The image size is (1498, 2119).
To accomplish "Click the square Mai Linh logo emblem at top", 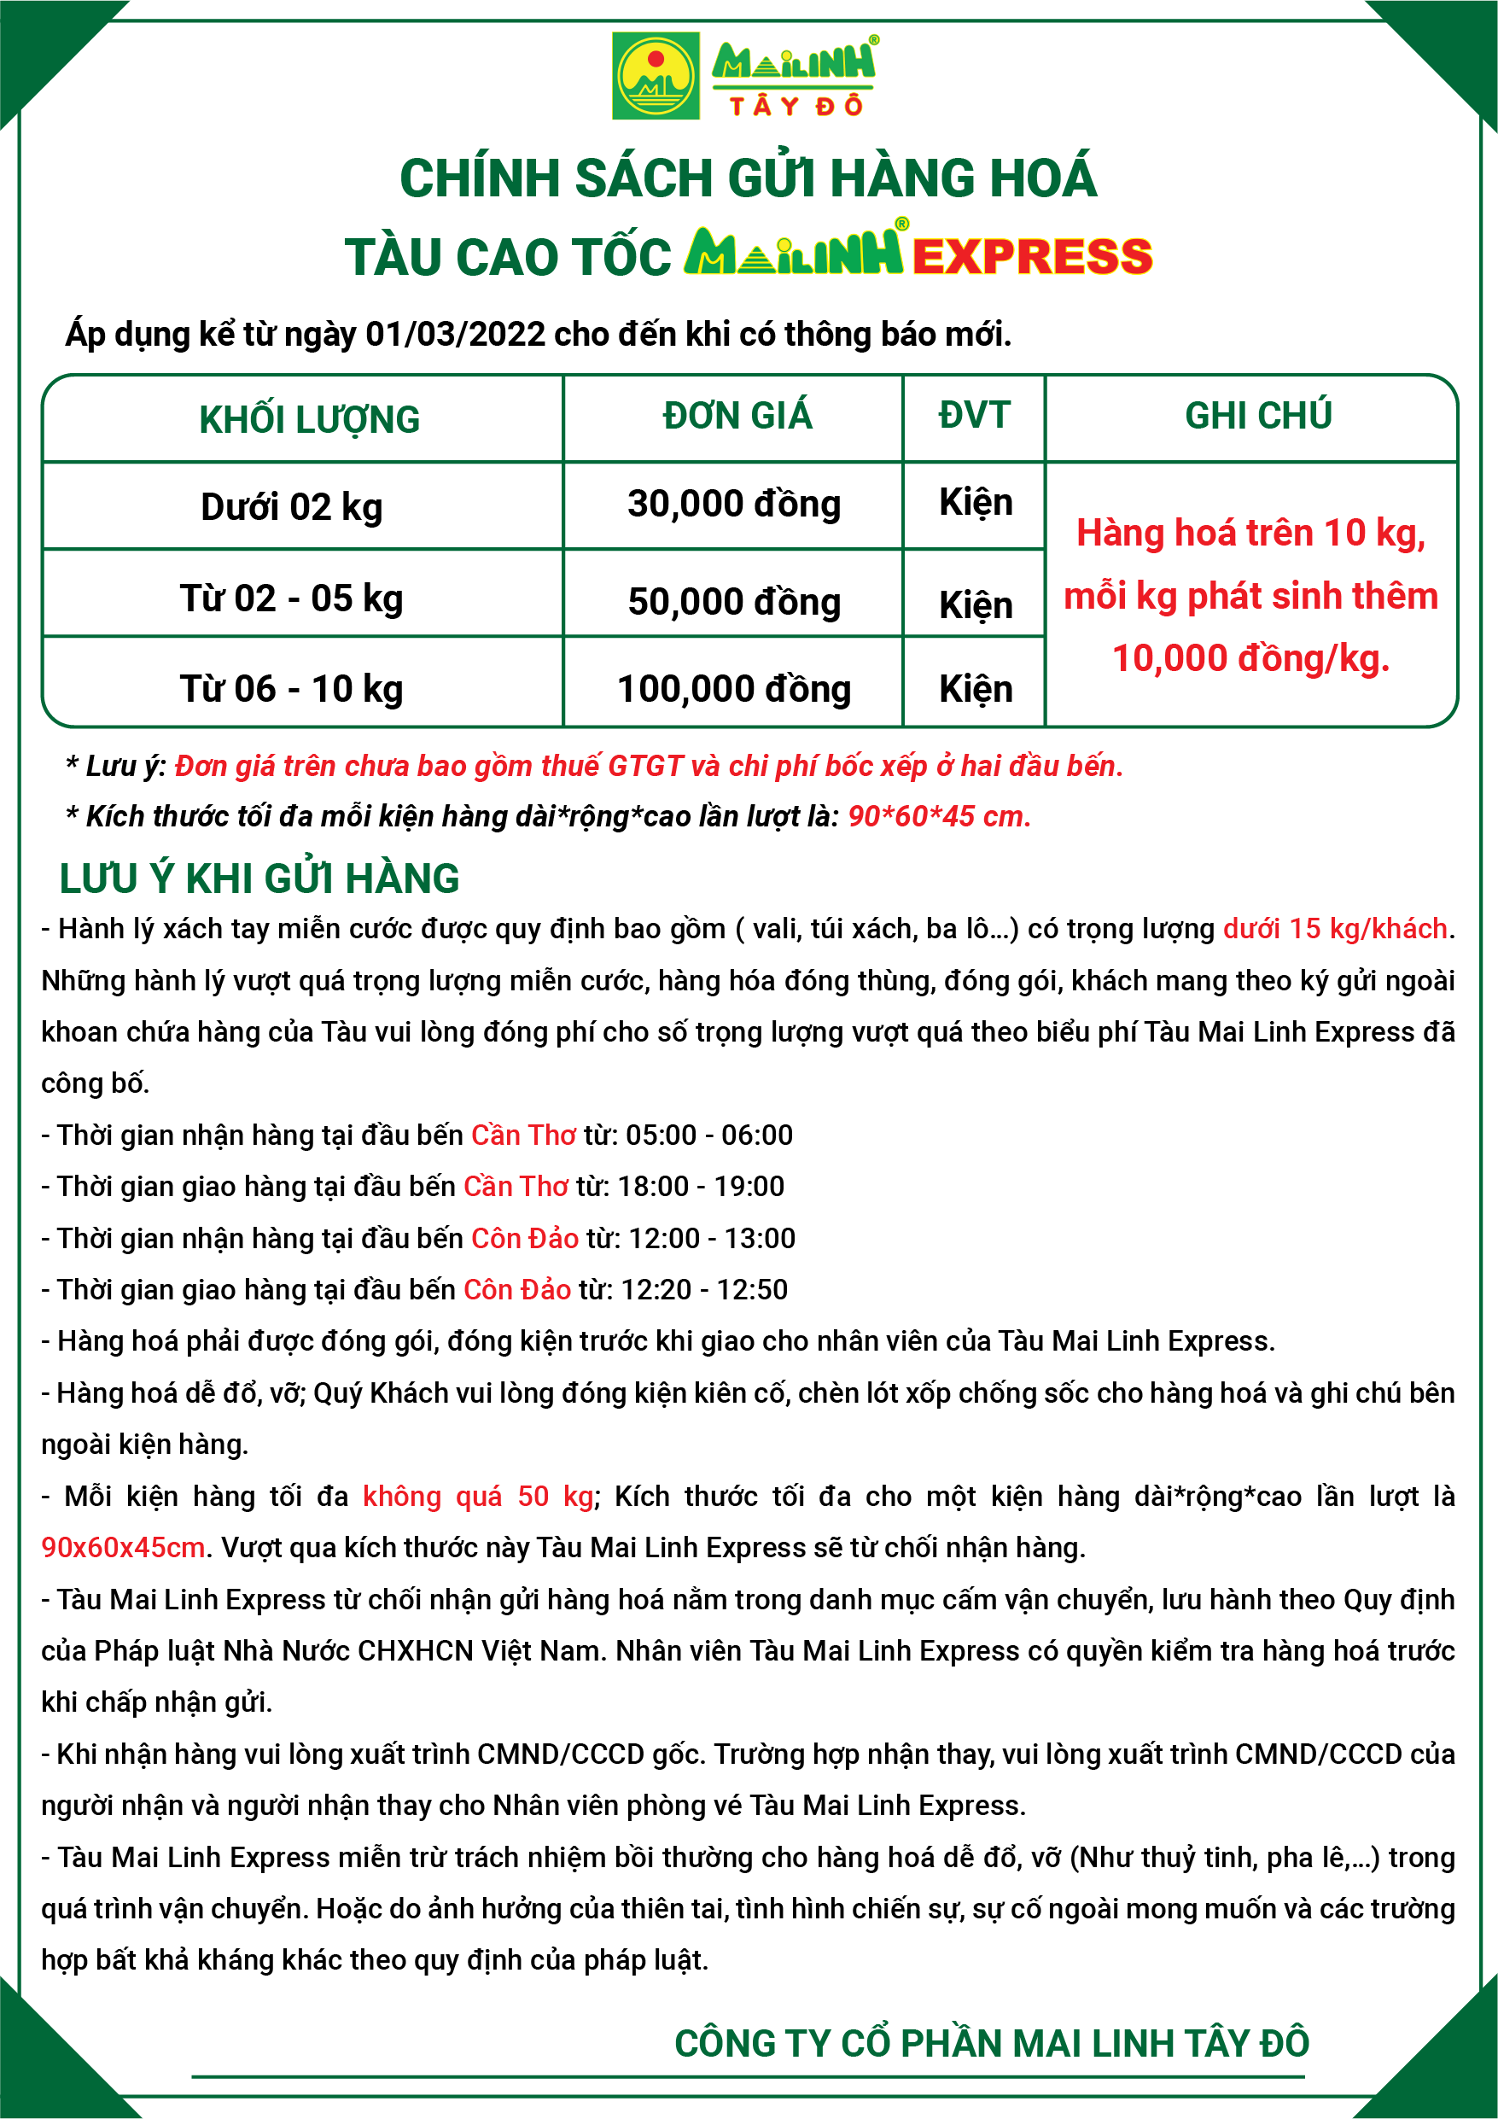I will pyautogui.click(x=656, y=76).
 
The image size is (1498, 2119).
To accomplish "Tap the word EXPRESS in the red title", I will pyautogui.click(x=1032, y=257).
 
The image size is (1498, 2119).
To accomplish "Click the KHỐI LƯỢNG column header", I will pyautogui.click(x=309, y=420).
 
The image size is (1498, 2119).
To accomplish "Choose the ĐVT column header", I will pyautogui.click(x=974, y=415).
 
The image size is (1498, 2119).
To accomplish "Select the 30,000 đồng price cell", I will pyautogui.click(x=734, y=504).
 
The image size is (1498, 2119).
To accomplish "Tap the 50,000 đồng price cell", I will pyautogui.click(x=734, y=602).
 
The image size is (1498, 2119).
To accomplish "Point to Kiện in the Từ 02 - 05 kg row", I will pyautogui.click(x=976, y=605).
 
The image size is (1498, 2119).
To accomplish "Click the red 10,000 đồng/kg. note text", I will pyautogui.click(x=1250, y=659).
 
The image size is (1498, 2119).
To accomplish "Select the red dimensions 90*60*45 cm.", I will pyautogui.click(x=939, y=817).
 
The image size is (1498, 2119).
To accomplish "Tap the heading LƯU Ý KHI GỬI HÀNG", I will pyautogui.click(x=259, y=879).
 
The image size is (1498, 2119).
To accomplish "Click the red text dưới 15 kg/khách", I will pyautogui.click(x=1335, y=928).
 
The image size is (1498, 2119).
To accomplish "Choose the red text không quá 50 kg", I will pyautogui.click(x=478, y=1496).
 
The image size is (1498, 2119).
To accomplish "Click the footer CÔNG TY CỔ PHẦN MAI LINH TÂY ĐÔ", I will pyautogui.click(x=991, y=2043).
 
